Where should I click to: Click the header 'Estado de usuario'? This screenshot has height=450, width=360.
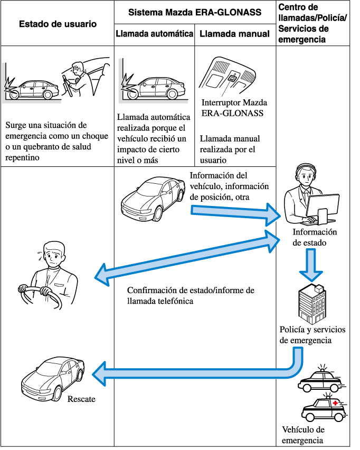click(x=58, y=24)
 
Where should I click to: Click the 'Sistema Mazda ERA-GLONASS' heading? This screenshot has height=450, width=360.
click(x=195, y=12)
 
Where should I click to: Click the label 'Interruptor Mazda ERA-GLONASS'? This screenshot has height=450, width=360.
click(x=234, y=107)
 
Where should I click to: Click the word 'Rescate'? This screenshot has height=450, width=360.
click(x=81, y=399)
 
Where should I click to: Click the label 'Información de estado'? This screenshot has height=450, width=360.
click(x=315, y=238)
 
